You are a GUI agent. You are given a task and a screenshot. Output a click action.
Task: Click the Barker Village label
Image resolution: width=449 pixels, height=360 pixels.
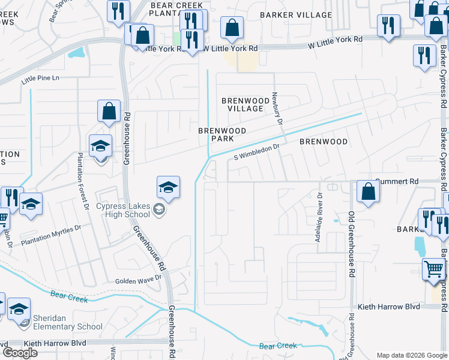tap(296, 14)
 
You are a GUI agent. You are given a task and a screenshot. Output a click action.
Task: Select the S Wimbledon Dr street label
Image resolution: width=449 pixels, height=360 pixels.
tap(257, 151)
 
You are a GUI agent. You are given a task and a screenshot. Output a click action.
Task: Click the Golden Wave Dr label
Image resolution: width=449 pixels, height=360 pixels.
tap(139, 278)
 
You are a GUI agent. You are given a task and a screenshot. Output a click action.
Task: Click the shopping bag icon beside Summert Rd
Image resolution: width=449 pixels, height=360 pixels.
tap(368, 191)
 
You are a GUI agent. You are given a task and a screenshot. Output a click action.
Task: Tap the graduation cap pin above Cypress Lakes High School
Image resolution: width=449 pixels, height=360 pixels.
tap(169, 187)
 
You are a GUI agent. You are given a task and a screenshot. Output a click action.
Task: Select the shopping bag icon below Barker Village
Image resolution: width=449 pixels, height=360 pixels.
tap(232, 27)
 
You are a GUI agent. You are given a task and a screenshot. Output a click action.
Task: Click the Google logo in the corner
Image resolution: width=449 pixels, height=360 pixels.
tap(20, 353)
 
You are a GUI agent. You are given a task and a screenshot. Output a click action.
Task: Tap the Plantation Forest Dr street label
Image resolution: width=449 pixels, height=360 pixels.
tap(82, 180)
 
